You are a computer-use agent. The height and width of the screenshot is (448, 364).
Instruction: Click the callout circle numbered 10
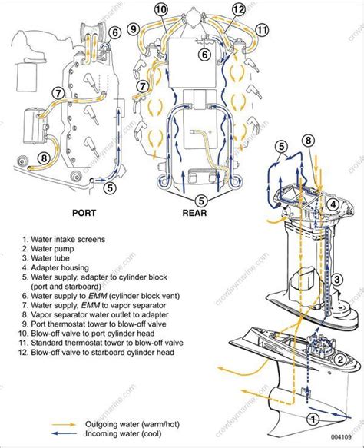(x=160, y=10)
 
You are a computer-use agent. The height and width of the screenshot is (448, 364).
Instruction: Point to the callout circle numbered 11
(x=262, y=32)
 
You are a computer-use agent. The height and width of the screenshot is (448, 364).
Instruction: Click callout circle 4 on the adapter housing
(x=333, y=204)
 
